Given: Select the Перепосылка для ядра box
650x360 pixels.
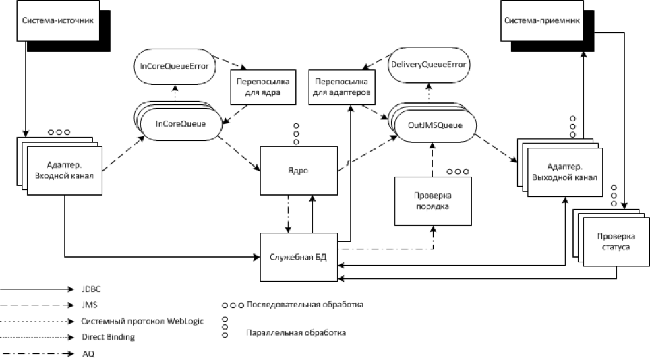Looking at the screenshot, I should coord(264,88).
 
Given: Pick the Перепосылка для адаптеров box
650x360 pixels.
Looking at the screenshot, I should coord(341,88).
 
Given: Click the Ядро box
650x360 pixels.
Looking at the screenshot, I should coord(295,171).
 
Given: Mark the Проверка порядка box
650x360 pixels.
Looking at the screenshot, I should coord(433,201).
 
